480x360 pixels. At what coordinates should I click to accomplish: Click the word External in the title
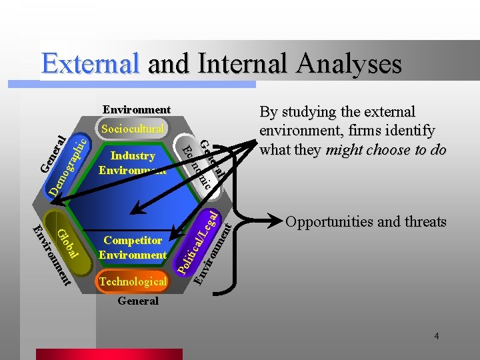[91, 64]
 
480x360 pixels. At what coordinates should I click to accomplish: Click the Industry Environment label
[132, 163]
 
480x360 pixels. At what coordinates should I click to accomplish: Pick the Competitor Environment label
[132, 247]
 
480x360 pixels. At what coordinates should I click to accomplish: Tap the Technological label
[132, 282]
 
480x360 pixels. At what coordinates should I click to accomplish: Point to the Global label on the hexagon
[67, 244]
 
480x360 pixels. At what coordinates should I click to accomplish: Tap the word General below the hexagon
[138, 301]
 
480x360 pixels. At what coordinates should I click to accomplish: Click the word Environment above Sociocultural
[136, 109]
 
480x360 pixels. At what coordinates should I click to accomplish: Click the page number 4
[436, 336]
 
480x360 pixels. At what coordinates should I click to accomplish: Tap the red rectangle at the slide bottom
[193, 354]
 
